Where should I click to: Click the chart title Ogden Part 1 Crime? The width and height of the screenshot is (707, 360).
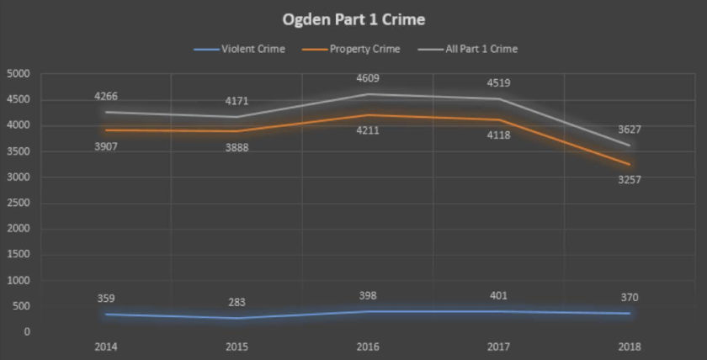[353, 19]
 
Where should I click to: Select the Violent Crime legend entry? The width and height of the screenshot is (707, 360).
[252, 49]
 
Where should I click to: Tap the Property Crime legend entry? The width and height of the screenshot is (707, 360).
[364, 49]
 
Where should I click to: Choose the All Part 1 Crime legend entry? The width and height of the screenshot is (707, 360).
[481, 49]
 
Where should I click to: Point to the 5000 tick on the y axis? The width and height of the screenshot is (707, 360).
[19, 74]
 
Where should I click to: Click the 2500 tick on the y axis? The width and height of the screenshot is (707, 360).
[19, 204]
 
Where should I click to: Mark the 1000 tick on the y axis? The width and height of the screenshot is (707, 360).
[19, 281]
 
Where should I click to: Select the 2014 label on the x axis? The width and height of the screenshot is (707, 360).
[105, 347]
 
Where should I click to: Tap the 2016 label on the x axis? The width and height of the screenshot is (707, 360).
[367, 347]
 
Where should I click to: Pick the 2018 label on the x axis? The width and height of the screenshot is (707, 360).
[630, 347]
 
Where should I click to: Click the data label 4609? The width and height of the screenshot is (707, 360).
[368, 78]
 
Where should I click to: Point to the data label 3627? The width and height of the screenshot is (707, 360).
[630, 130]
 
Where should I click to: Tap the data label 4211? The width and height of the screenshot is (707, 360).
[368, 130]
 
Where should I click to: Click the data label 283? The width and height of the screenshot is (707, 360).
[237, 302]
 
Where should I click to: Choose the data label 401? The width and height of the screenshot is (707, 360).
[499, 296]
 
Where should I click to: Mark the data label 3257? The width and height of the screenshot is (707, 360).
[630, 180]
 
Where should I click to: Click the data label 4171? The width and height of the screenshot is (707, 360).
[237, 101]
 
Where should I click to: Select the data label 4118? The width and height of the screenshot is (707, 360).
[499, 135]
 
